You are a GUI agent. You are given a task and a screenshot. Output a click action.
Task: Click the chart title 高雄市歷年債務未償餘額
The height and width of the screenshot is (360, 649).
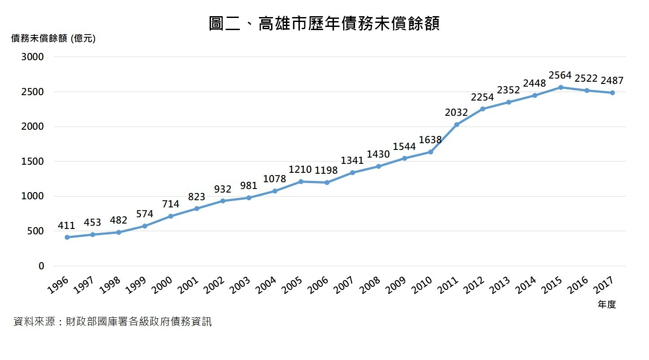coord(324,23)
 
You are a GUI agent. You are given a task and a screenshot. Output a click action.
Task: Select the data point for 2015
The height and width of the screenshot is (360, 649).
coord(561,87)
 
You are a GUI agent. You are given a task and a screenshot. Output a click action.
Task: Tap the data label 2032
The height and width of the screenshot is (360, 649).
coord(456,113)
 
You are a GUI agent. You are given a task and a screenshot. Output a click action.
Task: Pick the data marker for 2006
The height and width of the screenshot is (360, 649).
coord(327,183)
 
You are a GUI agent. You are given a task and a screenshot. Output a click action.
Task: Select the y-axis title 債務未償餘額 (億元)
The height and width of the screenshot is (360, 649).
coord(53,39)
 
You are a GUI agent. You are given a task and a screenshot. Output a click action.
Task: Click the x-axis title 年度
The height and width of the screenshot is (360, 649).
coord(607,304)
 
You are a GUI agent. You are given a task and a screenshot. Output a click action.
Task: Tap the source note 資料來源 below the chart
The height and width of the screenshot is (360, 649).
coord(113,322)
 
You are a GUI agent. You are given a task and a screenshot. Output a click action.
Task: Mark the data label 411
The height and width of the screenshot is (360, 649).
coord(67,225)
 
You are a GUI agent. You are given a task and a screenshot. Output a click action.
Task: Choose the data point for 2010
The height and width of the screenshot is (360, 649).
coord(430,152)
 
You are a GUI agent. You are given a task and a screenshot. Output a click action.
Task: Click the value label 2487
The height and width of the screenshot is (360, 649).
coord(612,81)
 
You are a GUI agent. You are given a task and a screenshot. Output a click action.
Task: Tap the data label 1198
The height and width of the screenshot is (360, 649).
coord(326,171)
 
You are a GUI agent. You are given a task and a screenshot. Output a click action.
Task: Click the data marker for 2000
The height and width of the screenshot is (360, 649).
coord(171,216)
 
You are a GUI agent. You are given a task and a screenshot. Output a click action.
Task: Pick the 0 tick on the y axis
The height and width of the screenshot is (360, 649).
coord(41,266)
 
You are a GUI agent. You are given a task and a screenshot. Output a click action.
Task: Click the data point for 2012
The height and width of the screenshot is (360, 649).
coord(482,109)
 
